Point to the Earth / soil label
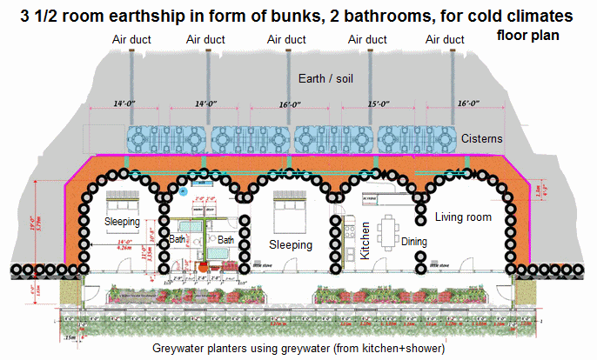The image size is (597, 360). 324,77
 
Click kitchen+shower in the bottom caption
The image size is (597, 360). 401,349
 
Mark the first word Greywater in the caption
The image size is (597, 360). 181,349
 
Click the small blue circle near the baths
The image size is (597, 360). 183,189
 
